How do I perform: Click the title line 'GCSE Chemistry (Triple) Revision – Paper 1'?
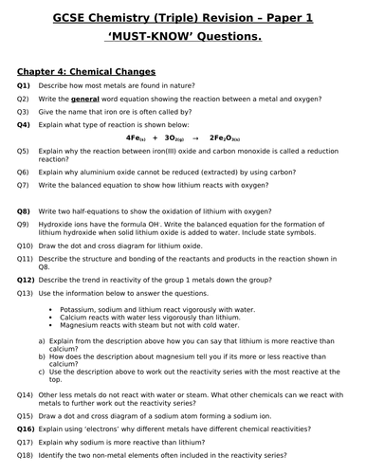[182, 18]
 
